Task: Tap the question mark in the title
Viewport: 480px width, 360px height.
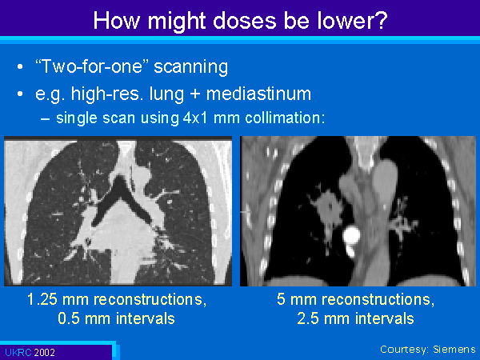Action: [x=382, y=21]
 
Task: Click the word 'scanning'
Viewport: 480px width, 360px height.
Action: [x=190, y=67]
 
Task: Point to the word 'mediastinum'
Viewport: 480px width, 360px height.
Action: [x=258, y=94]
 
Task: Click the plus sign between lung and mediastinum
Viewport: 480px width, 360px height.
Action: [x=194, y=94]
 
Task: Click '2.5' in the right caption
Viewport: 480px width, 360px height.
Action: [x=308, y=318]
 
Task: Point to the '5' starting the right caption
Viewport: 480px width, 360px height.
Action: [x=281, y=299]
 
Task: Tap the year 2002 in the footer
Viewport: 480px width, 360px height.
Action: [x=44, y=353]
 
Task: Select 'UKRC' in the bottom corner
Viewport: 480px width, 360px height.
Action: [x=18, y=353]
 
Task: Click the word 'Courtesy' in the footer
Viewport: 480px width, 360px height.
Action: [x=405, y=350]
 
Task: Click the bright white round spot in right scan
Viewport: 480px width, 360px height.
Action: [x=351, y=234]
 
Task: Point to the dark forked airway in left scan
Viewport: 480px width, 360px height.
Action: [x=122, y=196]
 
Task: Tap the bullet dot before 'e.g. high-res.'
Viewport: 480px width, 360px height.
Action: [x=20, y=94]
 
